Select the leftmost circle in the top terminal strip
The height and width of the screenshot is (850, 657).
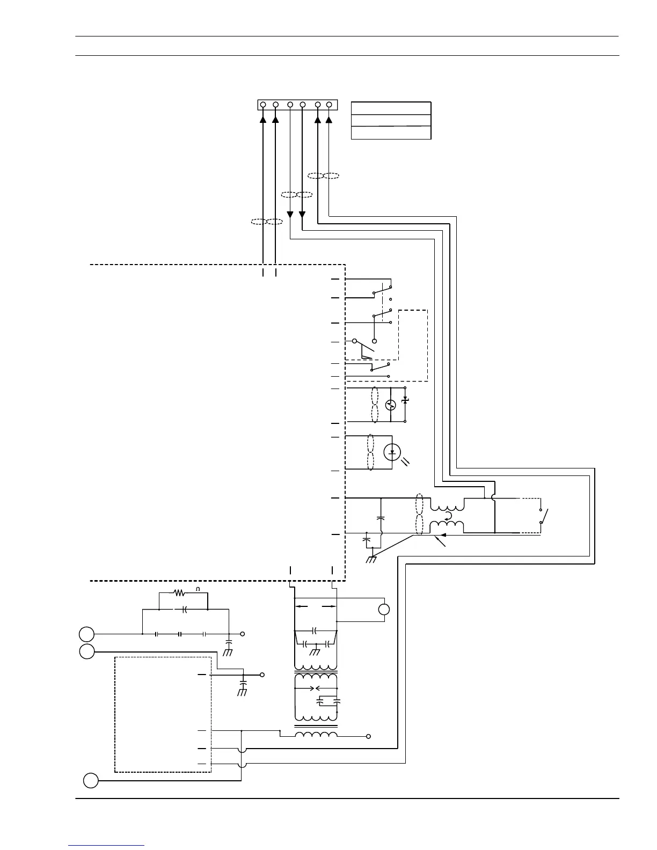click(263, 105)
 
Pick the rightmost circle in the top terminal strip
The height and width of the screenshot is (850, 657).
click(329, 105)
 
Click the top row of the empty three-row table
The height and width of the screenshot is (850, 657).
click(391, 108)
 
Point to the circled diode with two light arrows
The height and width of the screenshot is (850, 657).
click(392, 452)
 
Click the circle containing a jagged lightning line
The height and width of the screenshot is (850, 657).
click(391, 405)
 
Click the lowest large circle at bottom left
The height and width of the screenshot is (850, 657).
click(91, 780)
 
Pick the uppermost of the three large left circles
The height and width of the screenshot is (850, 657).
click(87, 634)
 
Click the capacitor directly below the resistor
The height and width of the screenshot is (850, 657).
click(184, 610)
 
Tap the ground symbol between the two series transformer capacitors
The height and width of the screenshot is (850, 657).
click(315, 651)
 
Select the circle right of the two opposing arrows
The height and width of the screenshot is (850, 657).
click(384, 610)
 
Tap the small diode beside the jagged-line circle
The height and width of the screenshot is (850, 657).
click(405, 400)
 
